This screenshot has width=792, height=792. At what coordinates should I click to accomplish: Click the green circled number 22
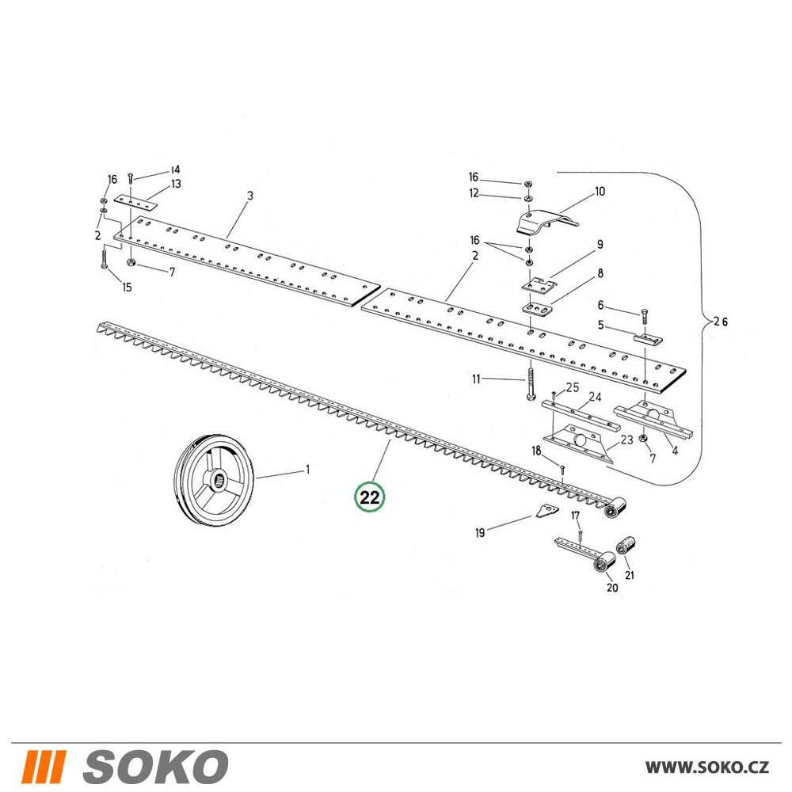pyautogui.click(x=369, y=497)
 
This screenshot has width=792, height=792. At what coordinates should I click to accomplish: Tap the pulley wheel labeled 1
pyautogui.click(x=214, y=478)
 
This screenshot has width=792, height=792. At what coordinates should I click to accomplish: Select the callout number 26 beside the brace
pyautogui.click(x=722, y=322)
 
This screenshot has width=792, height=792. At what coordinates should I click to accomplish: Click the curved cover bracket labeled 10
pyautogui.click(x=546, y=223)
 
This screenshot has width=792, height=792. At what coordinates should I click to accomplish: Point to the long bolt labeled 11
pyautogui.click(x=531, y=383)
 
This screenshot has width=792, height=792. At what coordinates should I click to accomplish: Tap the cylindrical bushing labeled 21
pyautogui.click(x=626, y=546)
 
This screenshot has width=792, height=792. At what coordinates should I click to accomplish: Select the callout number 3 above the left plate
pyautogui.click(x=249, y=196)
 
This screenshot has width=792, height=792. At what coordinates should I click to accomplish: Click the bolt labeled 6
pyautogui.click(x=645, y=316)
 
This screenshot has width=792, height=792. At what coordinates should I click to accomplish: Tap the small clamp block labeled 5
pyautogui.click(x=648, y=338)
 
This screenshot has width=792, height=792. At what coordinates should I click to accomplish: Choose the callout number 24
pyautogui.click(x=595, y=397)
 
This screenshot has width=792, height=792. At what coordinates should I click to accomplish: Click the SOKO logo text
pyautogui.click(x=155, y=766)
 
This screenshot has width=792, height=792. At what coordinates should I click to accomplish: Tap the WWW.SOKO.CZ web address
pyautogui.click(x=707, y=767)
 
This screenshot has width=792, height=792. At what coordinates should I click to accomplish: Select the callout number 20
pyautogui.click(x=611, y=588)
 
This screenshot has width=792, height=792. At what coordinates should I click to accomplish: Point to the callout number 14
pyautogui.click(x=175, y=169)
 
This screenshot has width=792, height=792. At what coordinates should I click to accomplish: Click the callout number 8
pyautogui.click(x=600, y=273)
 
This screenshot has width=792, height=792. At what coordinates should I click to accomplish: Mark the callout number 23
pyautogui.click(x=626, y=440)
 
